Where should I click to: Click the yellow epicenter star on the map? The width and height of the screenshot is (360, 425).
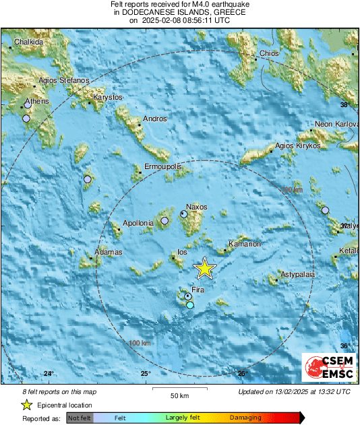tap(204, 269)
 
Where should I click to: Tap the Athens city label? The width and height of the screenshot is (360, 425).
tap(36, 102)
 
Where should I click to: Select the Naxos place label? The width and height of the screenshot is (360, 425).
tap(197, 207)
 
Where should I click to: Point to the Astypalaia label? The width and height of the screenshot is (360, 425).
tap(298, 275)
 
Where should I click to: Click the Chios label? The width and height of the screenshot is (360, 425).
tap(268, 54)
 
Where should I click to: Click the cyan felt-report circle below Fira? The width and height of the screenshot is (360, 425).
tap(190, 305)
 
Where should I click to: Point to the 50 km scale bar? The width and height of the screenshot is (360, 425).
tap(179, 389)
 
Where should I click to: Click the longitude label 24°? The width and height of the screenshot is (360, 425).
tap(49, 373)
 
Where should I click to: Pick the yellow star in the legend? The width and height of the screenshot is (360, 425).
tap(26, 405)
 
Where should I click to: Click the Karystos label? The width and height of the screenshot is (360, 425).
tap(108, 98)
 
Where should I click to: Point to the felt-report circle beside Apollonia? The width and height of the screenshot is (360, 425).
tap(164, 220)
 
